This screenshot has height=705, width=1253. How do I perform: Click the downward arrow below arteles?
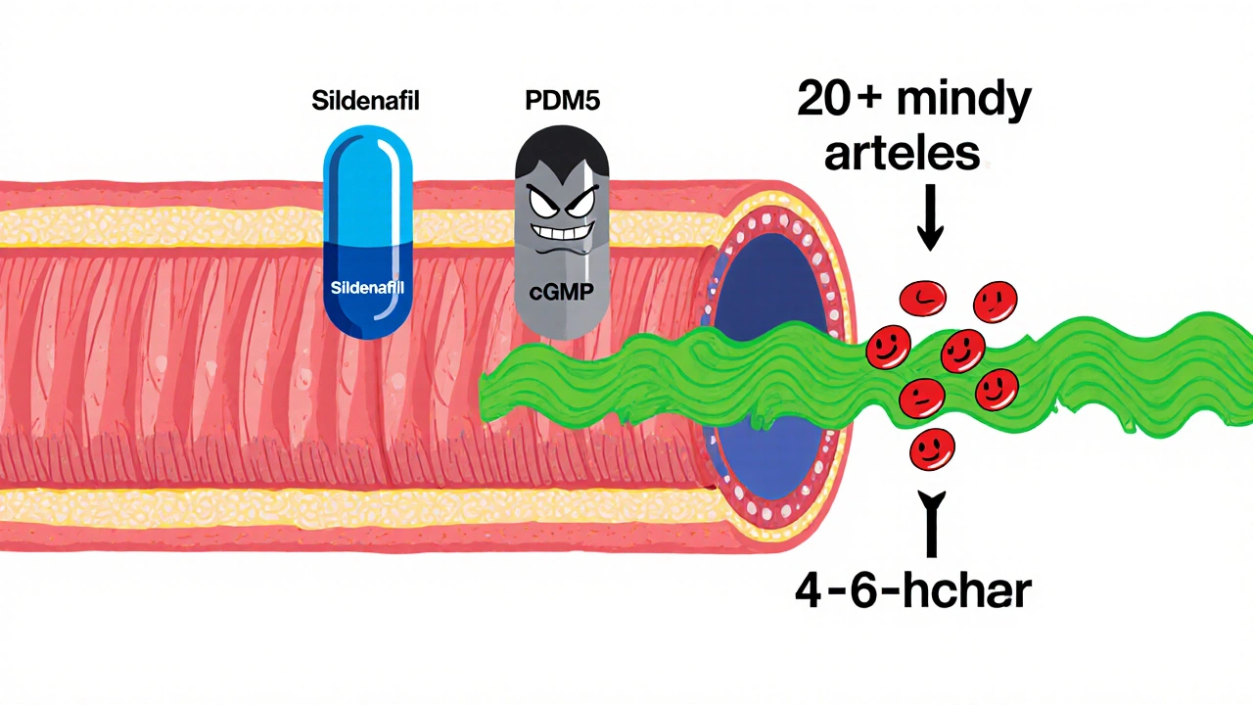[x=929, y=221]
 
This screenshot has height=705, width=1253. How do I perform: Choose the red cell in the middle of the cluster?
[x=962, y=345]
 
